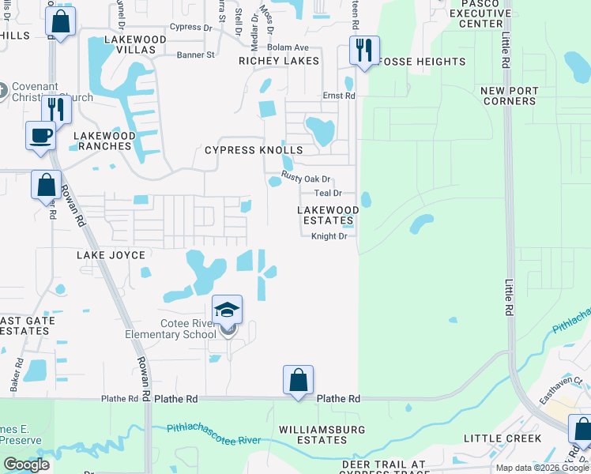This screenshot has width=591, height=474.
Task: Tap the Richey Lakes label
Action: (x=280, y=61)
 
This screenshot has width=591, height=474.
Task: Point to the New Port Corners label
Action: (x=508, y=96)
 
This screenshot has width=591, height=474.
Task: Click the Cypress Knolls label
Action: (x=254, y=150)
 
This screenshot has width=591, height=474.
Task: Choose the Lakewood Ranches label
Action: (x=103, y=141)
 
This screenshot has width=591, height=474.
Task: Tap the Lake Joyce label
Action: (x=111, y=255)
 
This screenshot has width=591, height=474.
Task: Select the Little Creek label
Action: (x=503, y=438)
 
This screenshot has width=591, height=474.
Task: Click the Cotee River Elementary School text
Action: (x=171, y=329)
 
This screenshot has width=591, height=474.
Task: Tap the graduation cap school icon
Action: (x=227, y=309)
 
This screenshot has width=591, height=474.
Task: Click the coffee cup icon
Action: (x=40, y=135)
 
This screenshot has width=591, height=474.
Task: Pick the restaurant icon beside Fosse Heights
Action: (x=364, y=50)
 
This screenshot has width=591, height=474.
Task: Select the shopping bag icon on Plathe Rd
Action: (x=299, y=380)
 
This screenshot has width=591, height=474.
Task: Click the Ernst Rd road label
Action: (x=339, y=96)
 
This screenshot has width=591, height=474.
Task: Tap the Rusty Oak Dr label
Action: (x=306, y=179)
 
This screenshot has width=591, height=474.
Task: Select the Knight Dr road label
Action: (x=329, y=236)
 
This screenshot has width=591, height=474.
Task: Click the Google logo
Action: (x=26, y=465)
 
